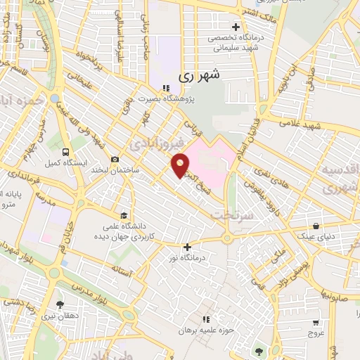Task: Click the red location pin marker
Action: (x=181, y=165)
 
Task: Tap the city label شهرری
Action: (x=200, y=74)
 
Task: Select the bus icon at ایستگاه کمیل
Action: (x=65, y=151)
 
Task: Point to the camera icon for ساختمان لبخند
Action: (x=115, y=160)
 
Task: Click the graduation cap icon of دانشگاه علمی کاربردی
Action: (x=124, y=216)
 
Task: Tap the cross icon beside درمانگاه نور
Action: (x=187, y=247)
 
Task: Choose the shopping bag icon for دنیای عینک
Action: (x=317, y=226)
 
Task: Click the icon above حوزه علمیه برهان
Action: (x=205, y=319)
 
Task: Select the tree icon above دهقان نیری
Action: (x=60, y=305)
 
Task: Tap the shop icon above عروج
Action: (x=316, y=323)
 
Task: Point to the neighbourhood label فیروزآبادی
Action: (x=157, y=143)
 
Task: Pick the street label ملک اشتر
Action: (x=255, y=11)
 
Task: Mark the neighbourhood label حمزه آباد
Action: (x=21, y=103)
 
